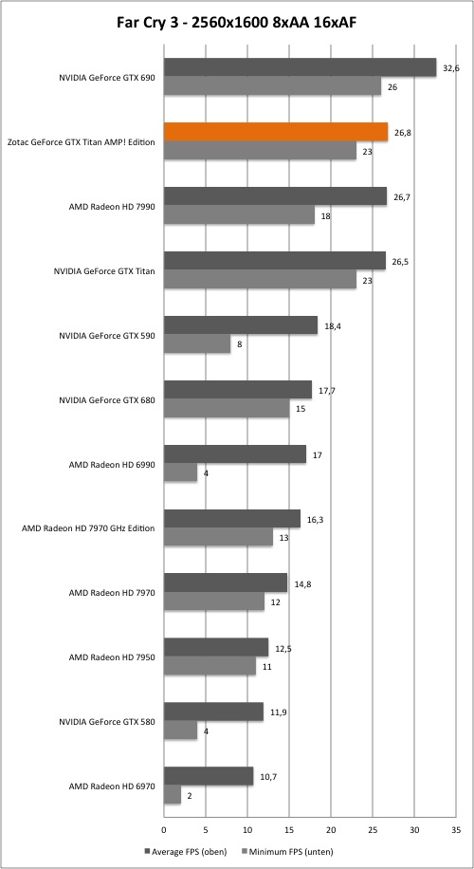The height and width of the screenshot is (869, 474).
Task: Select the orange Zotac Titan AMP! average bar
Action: [276, 132]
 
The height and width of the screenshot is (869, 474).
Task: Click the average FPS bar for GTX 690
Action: [301, 67]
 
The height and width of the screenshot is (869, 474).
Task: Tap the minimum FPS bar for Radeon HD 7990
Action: [239, 215]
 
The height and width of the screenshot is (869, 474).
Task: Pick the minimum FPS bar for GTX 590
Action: [197, 344]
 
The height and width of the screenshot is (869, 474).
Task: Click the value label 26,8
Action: [403, 133]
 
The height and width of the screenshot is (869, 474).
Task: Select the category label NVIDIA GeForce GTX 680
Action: [107, 399]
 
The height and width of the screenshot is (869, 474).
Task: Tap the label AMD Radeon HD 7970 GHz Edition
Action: [88, 528]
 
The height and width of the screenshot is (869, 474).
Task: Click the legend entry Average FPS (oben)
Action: [183, 851]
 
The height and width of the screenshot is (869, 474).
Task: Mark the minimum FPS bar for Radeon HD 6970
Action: [173, 795]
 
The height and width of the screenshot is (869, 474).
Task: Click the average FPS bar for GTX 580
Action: [213, 712]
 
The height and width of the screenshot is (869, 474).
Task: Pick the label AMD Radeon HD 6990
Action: [112, 465]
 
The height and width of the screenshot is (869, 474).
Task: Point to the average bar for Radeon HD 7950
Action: [216, 647]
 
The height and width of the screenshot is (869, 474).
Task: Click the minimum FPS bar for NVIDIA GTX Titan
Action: [261, 280]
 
